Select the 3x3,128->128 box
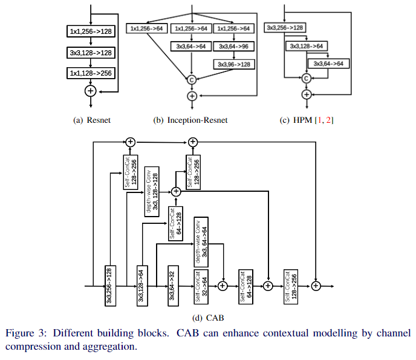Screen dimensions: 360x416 (x=90, y=53)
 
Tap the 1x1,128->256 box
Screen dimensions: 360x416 (x=90, y=74)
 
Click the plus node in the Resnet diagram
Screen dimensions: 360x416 (x=90, y=91)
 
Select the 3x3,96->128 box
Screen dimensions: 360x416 (x=234, y=63)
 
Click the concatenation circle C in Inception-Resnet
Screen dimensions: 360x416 (x=192, y=79)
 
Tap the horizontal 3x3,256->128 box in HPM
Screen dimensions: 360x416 (x=285, y=28)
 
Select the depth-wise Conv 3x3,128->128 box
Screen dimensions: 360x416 (x=151, y=191)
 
